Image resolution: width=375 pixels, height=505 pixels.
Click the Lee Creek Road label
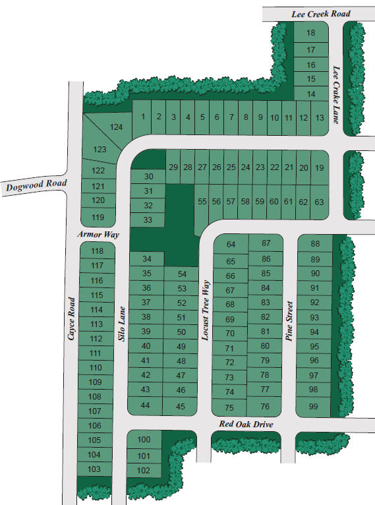pyautogui.click(x=322, y=13)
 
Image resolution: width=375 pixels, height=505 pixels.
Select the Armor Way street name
pyautogui.click(x=98, y=234)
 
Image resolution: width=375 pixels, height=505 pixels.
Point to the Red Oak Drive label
pyautogui.click(x=246, y=424)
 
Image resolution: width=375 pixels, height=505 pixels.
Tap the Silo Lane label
pyautogui.click(x=121, y=323)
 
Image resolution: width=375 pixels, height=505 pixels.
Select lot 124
pyautogui.click(x=117, y=126)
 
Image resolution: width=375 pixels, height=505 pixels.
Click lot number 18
pyautogui.click(x=311, y=33)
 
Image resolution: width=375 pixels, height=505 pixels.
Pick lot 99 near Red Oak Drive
pyautogui.click(x=314, y=406)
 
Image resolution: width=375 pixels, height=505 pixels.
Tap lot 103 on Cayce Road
pyautogui.click(x=94, y=469)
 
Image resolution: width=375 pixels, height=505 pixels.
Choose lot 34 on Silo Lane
pyautogui.click(x=146, y=259)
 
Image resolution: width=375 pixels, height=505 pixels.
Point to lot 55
pyautogui.click(x=202, y=202)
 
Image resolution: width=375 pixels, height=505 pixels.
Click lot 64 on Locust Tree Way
pyautogui.click(x=231, y=245)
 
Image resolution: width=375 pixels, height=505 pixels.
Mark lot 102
pyautogui.click(x=144, y=471)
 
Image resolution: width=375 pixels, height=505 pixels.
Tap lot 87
pyautogui.click(x=266, y=243)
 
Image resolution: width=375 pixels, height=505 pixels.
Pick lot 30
pyautogui.click(x=148, y=177)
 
